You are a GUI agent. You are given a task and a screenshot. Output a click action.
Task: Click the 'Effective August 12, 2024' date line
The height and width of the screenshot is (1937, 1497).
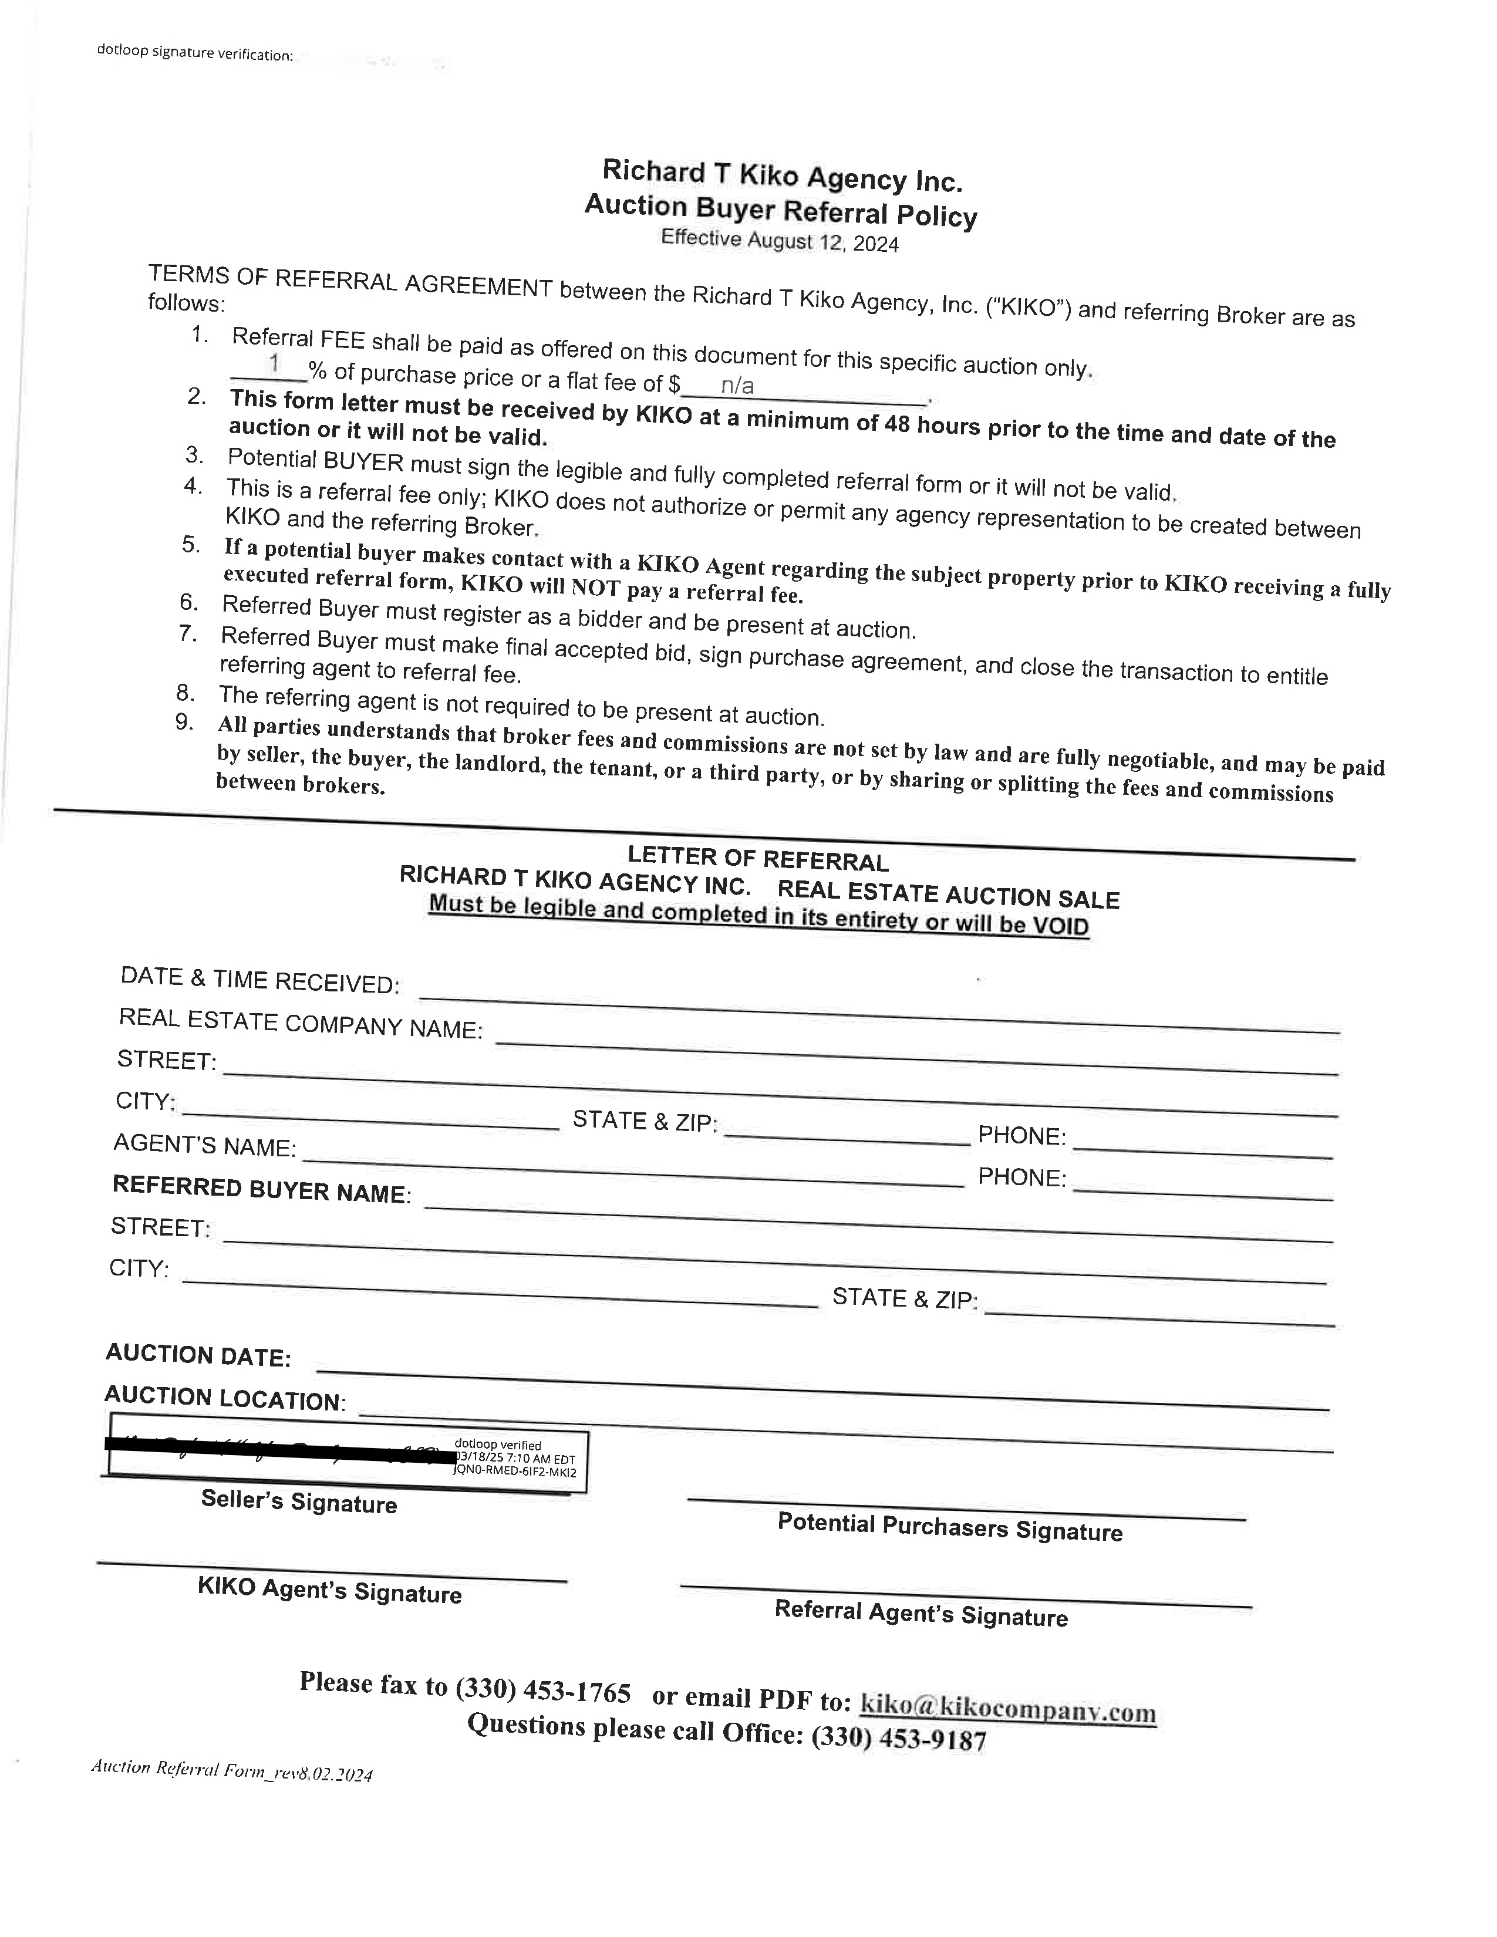pyautogui.click(x=780, y=240)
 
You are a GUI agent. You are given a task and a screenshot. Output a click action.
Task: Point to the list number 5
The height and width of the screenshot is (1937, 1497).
pyautogui.click(x=191, y=544)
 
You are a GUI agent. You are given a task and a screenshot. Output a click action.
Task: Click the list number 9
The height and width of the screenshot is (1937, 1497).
pyautogui.click(x=184, y=722)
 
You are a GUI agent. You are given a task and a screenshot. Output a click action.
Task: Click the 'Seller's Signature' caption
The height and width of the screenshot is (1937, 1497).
pyautogui.click(x=299, y=1501)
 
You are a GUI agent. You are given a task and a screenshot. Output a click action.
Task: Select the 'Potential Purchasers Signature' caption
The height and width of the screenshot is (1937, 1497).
pyautogui.click(x=950, y=1526)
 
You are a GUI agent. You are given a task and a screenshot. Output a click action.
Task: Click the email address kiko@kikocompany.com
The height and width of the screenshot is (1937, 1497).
pyautogui.click(x=1009, y=1707)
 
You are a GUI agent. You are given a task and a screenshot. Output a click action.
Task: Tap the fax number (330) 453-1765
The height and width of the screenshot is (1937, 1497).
pyautogui.click(x=543, y=1690)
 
